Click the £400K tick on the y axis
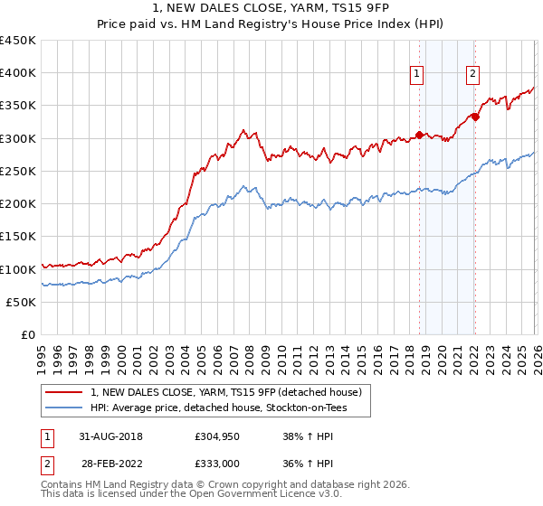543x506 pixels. click(x=18, y=73)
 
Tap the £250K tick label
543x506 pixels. click(x=18, y=172)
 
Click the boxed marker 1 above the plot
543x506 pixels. click(x=418, y=75)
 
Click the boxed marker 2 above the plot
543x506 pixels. click(x=473, y=75)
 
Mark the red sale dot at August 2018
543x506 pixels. click(x=419, y=136)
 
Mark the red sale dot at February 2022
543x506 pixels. click(x=474, y=117)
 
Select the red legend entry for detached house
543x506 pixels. click(x=226, y=392)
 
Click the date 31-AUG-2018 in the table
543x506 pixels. click(x=110, y=436)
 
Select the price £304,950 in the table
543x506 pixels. click(x=216, y=436)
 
